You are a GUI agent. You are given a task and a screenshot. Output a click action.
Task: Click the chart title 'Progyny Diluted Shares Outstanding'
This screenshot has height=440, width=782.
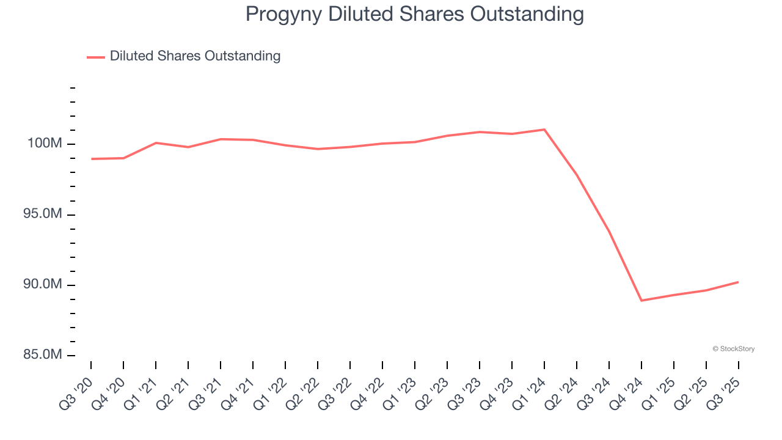414,14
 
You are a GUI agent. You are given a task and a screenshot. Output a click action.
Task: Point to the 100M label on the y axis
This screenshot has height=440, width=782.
45,144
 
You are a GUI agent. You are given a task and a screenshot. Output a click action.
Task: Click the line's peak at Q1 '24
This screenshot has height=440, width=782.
544,130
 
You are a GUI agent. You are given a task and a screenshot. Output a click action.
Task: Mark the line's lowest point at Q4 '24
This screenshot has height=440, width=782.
641,301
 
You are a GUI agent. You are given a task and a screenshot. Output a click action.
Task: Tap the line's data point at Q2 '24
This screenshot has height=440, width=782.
577,175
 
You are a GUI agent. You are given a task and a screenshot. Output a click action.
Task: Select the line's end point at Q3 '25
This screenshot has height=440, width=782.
739,282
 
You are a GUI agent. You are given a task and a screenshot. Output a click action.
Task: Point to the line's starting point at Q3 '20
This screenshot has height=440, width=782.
91,159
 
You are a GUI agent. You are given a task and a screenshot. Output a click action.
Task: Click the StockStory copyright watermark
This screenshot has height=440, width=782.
733,349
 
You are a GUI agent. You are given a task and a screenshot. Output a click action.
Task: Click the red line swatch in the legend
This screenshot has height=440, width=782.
96,57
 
